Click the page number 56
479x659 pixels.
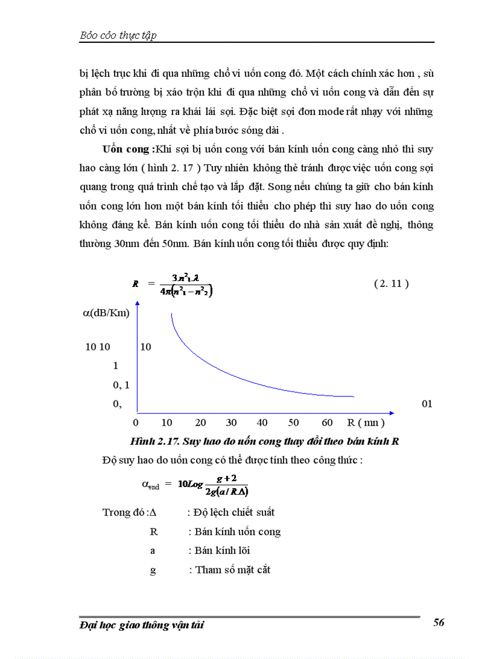point(438,623)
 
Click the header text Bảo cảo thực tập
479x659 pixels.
point(118,35)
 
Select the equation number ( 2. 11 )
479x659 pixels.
point(391,283)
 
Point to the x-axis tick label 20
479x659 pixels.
point(200,423)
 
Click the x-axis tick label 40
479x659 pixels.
point(262,423)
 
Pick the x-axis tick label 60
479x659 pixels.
point(328,423)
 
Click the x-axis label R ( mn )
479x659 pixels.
point(366,423)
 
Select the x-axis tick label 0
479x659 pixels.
point(136,423)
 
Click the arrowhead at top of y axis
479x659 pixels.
point(137,303)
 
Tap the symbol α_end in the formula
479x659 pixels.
point(150,485)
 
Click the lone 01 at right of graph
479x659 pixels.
point(427,404)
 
